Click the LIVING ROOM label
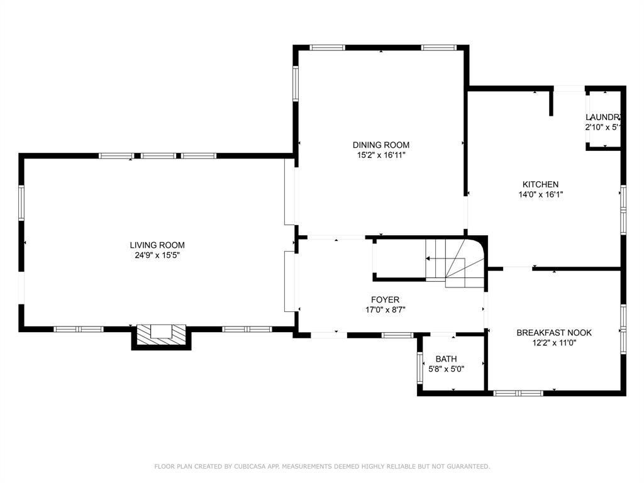pos(157,245)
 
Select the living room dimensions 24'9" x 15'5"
pos(157,255)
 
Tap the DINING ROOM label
pos(381,145)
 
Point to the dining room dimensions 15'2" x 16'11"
pos(381,155)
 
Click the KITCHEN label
pos(540,184)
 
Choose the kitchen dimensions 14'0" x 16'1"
pos(540,194)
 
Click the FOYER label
pos(385,299)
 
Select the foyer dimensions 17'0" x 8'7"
pos(385,309)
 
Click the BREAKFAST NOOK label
pos(554,333)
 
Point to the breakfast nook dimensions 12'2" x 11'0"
pos(554,343)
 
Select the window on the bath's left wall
pos(419,368)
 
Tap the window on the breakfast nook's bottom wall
pos(518,393)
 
